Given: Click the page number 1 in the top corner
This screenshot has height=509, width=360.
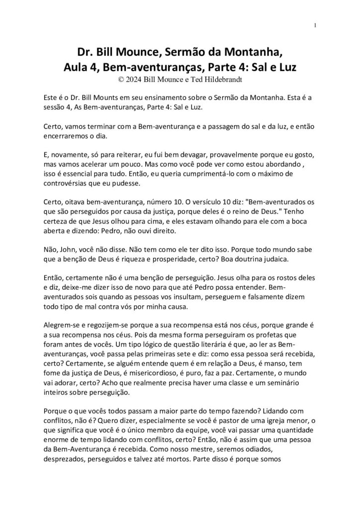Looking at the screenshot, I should pos(316,25).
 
